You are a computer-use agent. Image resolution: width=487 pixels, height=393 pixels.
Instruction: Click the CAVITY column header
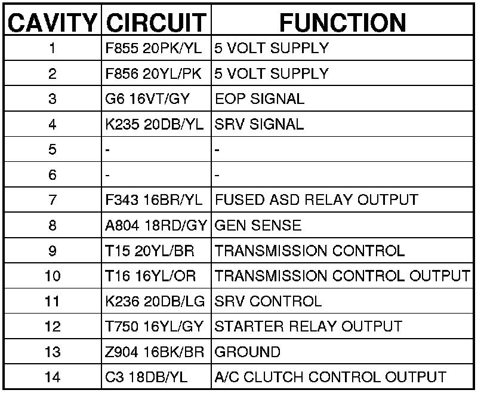[x=53, y=22]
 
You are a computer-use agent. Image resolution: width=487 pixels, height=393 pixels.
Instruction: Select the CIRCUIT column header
[x=156, y=22]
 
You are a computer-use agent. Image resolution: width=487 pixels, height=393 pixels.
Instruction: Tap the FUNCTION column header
[x=343, y=22]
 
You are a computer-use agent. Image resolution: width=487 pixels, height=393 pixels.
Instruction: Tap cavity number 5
[x=53, y=149]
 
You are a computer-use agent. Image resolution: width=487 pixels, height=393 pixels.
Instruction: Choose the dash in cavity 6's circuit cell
[x=107, y=175]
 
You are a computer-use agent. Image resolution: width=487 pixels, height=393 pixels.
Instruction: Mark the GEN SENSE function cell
[x=257, y=225]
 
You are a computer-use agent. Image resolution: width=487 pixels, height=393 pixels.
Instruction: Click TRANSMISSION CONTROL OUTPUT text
[x=342, y=276]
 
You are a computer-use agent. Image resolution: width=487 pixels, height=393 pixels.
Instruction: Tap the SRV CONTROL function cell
[x=267, y=302]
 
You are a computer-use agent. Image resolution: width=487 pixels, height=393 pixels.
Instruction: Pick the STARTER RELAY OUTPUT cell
[x=307, y=327]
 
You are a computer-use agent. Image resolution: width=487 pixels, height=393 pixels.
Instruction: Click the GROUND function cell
[x=247, y=352]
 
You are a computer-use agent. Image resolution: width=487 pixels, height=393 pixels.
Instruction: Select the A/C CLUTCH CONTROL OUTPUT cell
[x=330, y=377]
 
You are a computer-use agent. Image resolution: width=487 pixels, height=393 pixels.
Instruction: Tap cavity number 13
[x=53, y=352]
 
